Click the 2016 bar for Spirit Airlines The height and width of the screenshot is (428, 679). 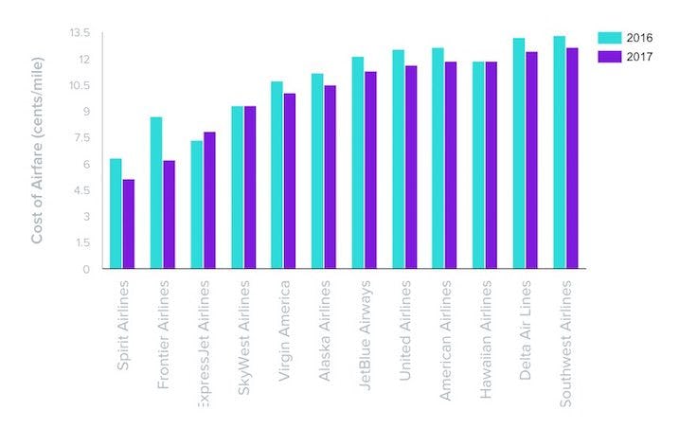[116, 214]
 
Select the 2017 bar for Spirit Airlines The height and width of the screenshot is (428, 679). [129, 224]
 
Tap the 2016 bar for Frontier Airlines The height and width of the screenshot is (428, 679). [156, 193]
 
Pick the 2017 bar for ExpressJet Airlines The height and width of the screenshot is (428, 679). [209, 201]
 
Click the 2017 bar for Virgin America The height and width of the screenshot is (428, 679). [290, 181]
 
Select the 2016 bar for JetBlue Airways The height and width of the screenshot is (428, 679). [358, 163]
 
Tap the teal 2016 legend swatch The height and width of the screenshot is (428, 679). [609, 37]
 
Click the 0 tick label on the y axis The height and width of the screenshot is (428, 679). [85, 269]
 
